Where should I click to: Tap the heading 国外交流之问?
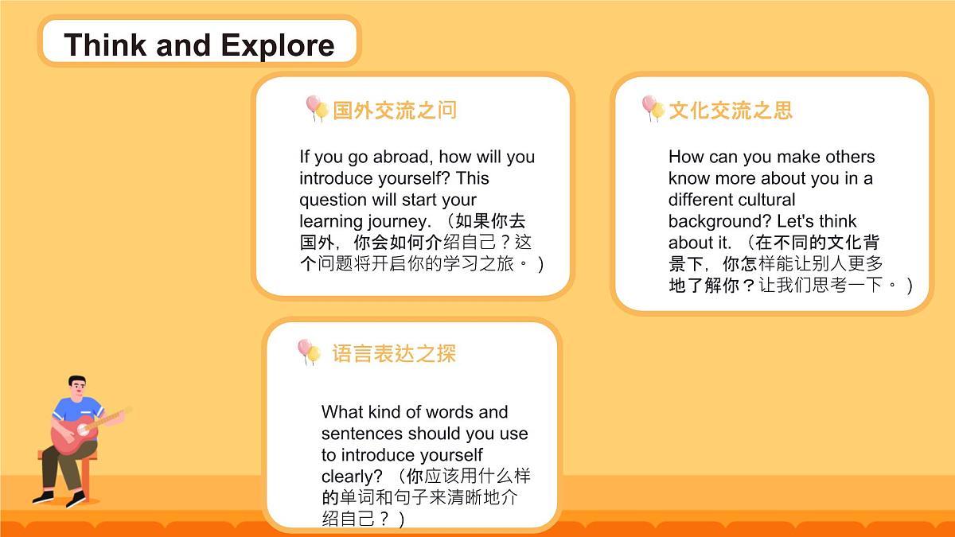point(395,110)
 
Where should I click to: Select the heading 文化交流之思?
point(731,110)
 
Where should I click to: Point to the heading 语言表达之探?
point(394,353)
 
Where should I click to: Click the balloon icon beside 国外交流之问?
point(316,108)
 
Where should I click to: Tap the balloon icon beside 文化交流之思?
point(653,108)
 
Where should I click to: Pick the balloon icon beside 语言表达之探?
point(308,351)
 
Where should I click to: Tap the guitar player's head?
point(77,387)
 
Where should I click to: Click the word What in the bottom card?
point(342,412)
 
